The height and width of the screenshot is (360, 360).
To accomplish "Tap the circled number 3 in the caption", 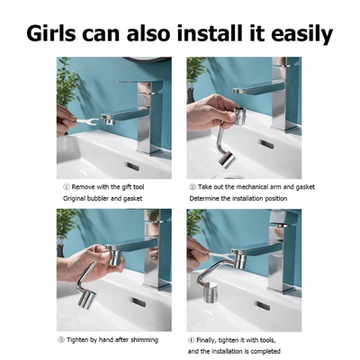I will pos(59,339).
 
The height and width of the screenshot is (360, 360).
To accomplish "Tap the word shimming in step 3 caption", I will pos(141,339).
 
